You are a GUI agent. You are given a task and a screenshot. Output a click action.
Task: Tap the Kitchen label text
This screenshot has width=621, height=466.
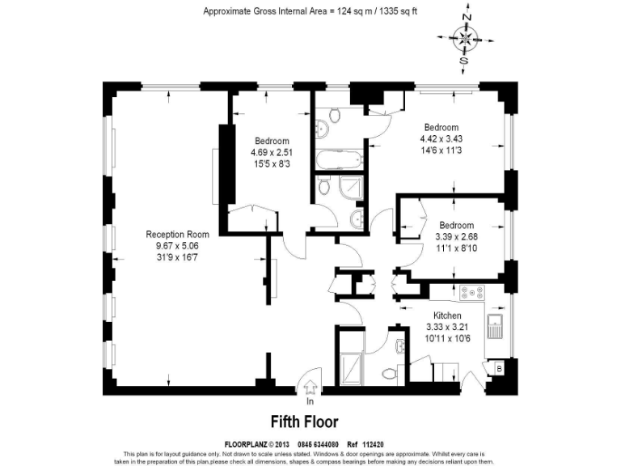[447, 316]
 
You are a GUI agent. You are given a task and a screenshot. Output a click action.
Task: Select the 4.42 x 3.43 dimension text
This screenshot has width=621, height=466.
[441, 138]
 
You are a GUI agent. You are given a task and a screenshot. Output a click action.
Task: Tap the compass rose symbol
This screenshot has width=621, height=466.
[464, 37]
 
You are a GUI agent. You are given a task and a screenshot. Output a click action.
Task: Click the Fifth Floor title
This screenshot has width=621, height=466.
[303, 422]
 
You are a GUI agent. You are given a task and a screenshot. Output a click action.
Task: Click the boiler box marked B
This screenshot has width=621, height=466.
[498, 368]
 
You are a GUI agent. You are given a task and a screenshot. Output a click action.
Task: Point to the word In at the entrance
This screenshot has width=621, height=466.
[309, 401]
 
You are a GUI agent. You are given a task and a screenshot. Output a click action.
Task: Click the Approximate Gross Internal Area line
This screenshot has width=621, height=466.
[310, 11]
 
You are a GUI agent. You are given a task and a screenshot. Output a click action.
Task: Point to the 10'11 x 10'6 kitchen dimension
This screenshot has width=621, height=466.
[447, 337]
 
